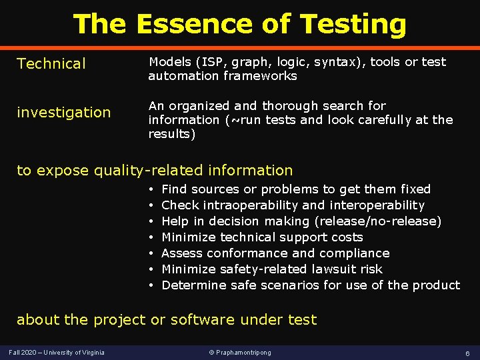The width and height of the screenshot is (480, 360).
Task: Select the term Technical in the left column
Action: [x=51, y=64]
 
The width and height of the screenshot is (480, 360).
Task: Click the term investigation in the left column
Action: [x=64, y=113]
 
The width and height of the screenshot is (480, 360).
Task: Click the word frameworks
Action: [x=264, y=76]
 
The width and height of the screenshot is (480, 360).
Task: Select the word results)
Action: [x=172, y=134]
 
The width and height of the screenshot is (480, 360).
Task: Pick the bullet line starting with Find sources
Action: [x=296, y=189]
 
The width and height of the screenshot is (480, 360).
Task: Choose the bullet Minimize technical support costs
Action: [x=262, y=237]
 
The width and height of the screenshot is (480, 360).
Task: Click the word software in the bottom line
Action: [x=201, y=320]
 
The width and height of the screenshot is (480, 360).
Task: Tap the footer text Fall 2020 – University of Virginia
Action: [x=57, y=352]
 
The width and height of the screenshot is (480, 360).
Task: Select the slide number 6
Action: [x=467, y=352]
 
